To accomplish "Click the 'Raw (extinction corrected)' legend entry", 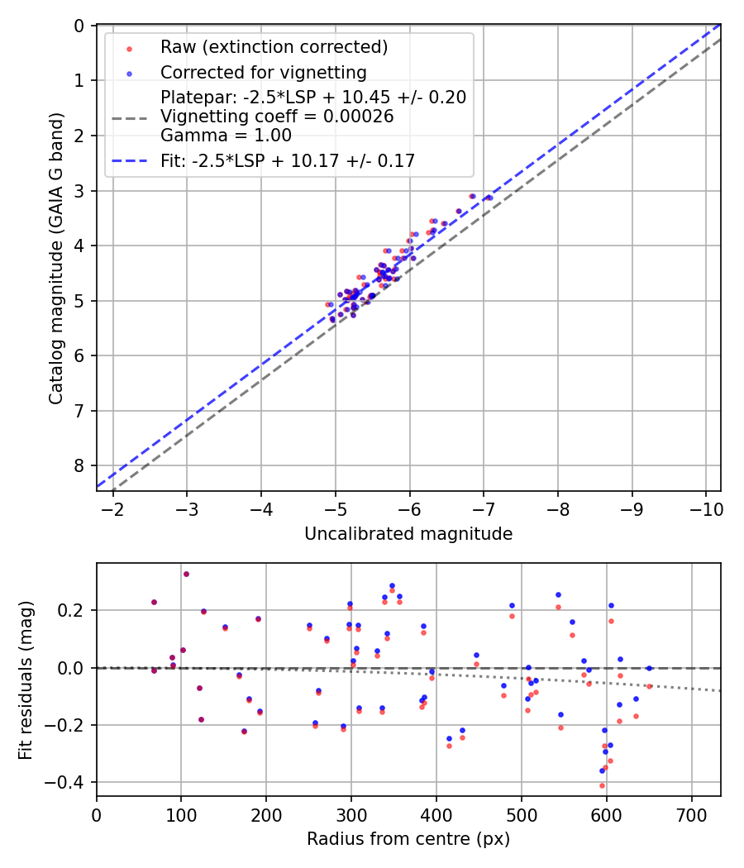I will click(x=274, y=47).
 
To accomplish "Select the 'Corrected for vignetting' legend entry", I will click(x=263, y=72).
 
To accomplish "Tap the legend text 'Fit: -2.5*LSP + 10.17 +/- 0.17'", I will click(x=287, y=161).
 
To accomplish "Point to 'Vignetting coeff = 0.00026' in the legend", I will click(x=277, y=117).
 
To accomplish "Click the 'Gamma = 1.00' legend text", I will click(x=226, y=135).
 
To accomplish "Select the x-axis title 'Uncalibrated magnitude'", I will click(x=408, y=534).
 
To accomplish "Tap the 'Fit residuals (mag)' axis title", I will click(x=26, y=680).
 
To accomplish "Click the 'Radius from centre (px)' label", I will click(x=408, y=840).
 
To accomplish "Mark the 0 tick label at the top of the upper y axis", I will click(x=79, y=26).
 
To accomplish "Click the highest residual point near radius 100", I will click(x=186, y=574).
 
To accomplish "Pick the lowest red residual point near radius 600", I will click(x=602, y=785).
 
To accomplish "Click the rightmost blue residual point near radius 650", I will click(x=649, y=668).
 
